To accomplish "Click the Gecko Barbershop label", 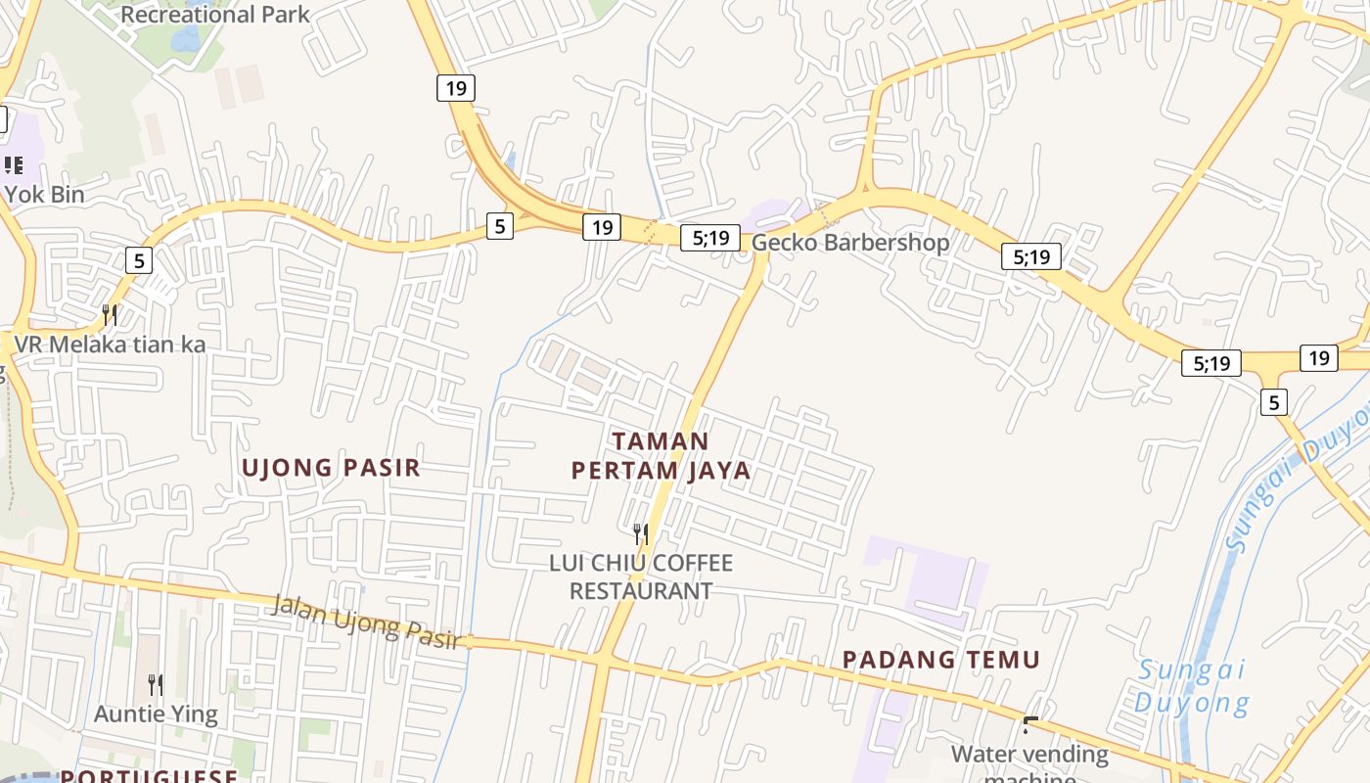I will [850, 242].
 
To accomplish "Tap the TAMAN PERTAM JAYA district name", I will [661, 456].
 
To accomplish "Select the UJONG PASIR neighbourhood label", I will [331, 468].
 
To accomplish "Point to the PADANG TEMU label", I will [941, 660].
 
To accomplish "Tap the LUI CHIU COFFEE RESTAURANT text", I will [641, 576].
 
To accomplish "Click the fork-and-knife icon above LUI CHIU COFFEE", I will [641, 533].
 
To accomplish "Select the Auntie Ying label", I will [156, 714].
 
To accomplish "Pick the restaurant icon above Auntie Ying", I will [156, 684].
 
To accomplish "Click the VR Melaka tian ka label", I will [110, 345].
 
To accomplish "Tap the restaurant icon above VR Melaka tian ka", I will [110, 314].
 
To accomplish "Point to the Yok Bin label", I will [44, 194].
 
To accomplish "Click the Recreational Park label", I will [214, 14].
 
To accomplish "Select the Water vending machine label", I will [1029, 756].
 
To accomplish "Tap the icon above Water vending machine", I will [1029, 725].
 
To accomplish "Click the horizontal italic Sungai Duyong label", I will [1191, 686].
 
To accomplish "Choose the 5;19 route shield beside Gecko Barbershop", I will [710, 237].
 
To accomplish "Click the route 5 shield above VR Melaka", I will [139, 260].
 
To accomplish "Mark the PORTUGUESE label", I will [149, 776].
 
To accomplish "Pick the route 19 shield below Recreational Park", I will [455, 88].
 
